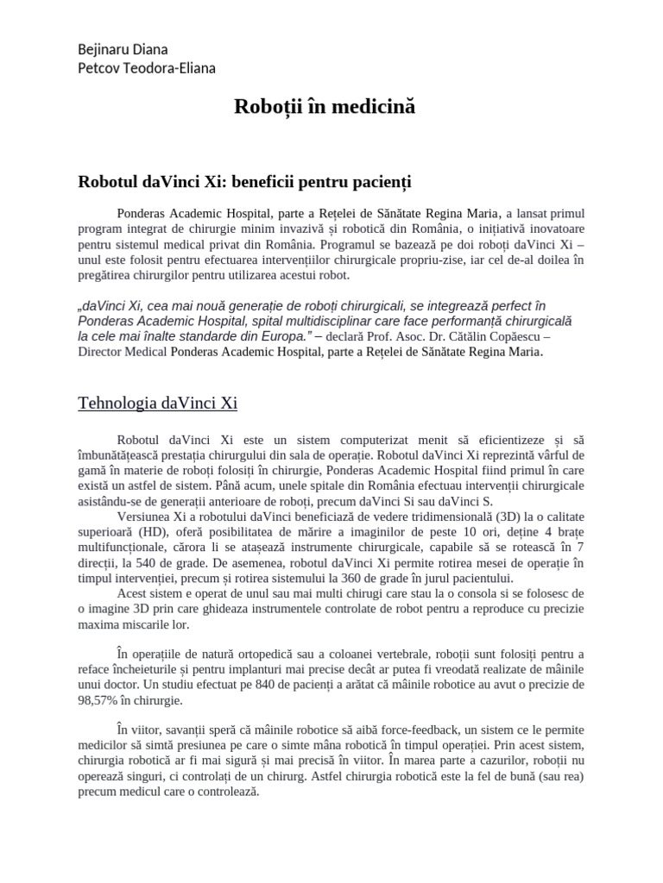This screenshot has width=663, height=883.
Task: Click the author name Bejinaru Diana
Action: click(123, 50)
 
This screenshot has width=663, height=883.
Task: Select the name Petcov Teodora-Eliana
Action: click(147, 68)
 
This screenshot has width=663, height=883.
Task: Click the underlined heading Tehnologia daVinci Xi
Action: click(157, 403)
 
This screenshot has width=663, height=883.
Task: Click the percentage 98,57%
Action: click(98, 700)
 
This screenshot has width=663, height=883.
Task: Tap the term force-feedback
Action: click(384, 728)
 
